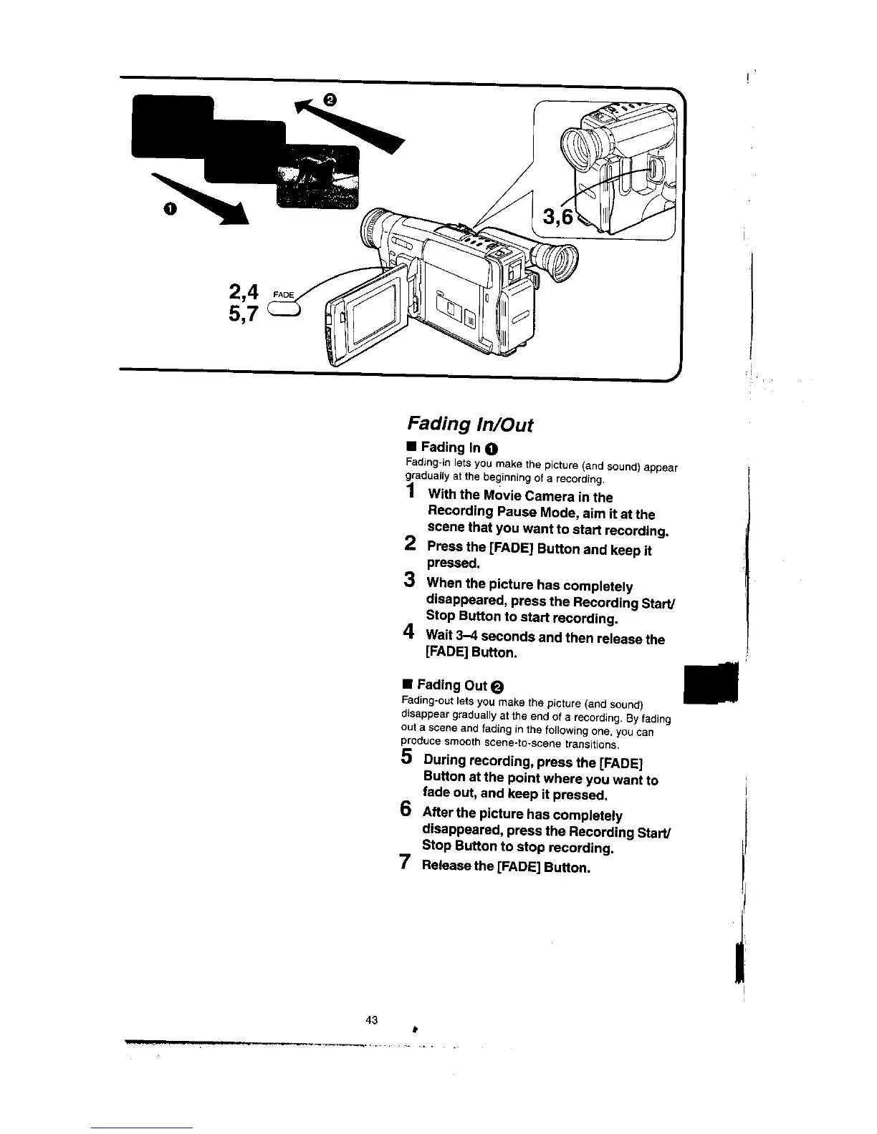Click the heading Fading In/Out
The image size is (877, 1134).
(470, 424)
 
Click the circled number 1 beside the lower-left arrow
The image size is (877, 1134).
(169, 208)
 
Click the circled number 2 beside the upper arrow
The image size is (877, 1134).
(329, 100)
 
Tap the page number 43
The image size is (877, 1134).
(371, 1019)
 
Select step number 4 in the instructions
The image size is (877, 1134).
(408, 631)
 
